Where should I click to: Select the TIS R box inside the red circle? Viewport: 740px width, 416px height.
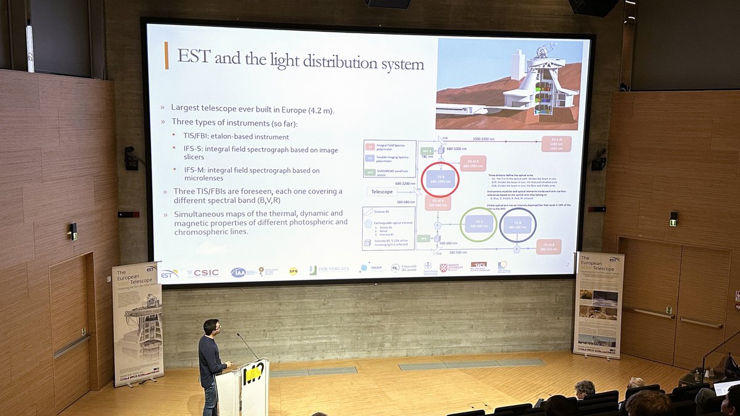440,179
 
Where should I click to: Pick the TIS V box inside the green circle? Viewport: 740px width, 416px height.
478,224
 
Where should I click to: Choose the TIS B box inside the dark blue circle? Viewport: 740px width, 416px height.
517,224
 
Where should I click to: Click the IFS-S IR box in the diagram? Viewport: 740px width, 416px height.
556,144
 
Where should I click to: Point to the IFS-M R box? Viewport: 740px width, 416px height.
473,163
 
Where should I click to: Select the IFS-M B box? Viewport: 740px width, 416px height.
548,247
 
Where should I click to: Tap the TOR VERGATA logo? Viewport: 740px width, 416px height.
329,269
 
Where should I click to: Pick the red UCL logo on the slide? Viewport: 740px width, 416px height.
479,266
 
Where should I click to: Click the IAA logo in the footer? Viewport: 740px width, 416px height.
238,272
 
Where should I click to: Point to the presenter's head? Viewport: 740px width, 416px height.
211,327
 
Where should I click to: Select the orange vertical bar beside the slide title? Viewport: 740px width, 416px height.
166,55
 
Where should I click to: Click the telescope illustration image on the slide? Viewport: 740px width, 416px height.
509,84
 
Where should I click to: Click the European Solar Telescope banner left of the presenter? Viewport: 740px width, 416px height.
137,324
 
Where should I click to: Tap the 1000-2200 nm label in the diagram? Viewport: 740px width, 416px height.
485,140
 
